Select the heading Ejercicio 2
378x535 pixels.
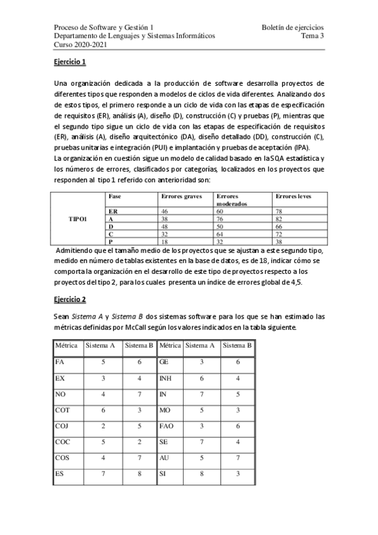point(69,299)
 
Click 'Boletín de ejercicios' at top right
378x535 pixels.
point(293,28)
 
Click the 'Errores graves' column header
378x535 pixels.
point(182,197)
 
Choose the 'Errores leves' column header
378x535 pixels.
point(294,197)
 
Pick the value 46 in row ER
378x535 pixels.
point(165,211)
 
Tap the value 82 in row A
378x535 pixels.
point(280,218)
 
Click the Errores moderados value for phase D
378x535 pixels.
point(220,225)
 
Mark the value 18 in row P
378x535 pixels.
point(165,240)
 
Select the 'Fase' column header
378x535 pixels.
point(115,197)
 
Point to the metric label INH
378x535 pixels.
point(166,379)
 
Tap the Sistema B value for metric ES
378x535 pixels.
point(138,473)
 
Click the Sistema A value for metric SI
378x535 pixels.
point(201,473)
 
